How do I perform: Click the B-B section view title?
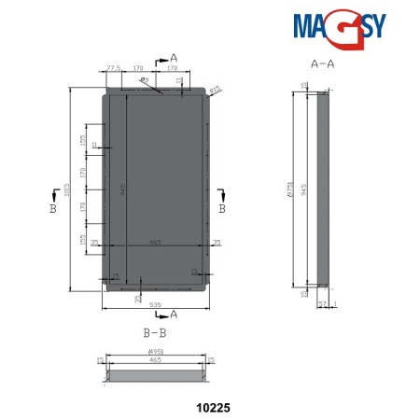[156, 331]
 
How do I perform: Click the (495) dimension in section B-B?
[156, 352]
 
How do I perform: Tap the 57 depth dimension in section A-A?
[322, 303]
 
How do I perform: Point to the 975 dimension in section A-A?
[292, 191]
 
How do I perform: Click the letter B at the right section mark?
[221, 211]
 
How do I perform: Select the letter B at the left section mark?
[53, 211]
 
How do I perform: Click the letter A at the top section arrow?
[174, 58]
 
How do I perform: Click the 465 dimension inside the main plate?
[155, 242]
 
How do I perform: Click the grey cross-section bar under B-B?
[156, 375]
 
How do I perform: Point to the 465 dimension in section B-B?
[156, 359]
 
